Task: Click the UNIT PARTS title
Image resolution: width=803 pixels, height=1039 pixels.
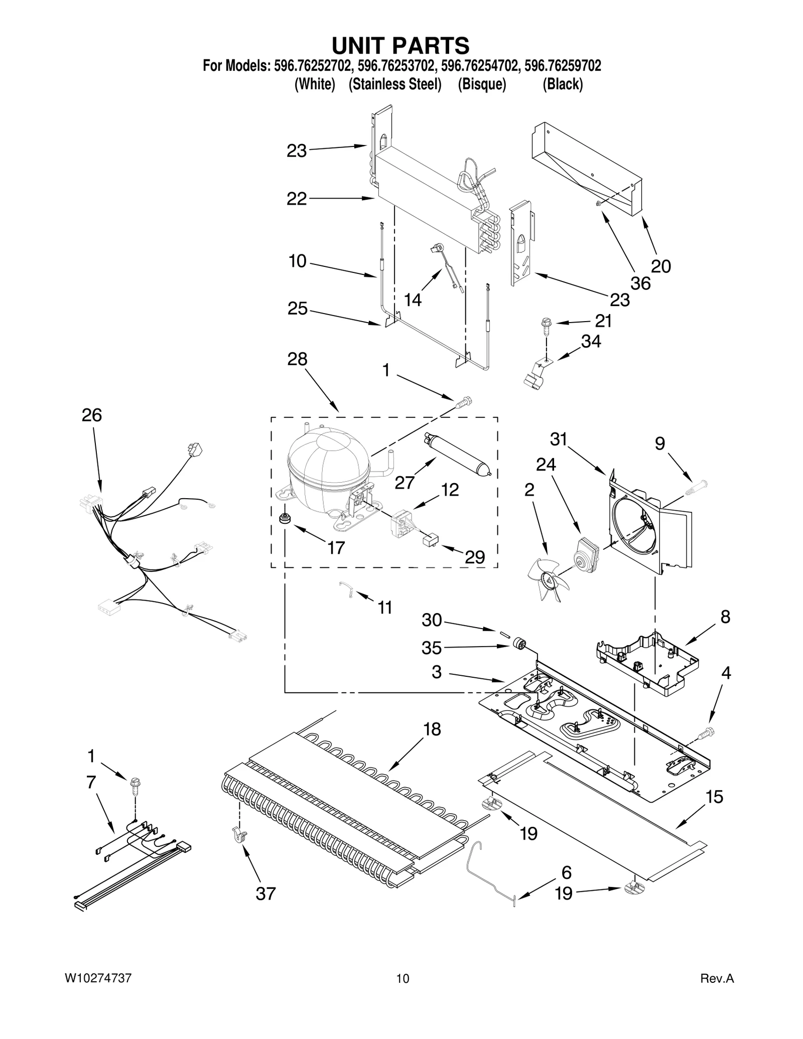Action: [x=400, y=45]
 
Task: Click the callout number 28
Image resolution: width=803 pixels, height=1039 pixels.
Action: [x=297, y=359]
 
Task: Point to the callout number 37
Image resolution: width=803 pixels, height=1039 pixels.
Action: [x=265, y=894]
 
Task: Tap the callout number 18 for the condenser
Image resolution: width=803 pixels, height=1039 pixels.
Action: [x=432, y=729]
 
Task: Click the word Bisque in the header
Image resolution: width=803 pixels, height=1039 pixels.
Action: [x=481, y=84]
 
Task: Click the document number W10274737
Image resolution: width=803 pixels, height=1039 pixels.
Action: [x=98, y=978]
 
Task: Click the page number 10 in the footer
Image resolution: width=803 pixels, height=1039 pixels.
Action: [x=403, y=978]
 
